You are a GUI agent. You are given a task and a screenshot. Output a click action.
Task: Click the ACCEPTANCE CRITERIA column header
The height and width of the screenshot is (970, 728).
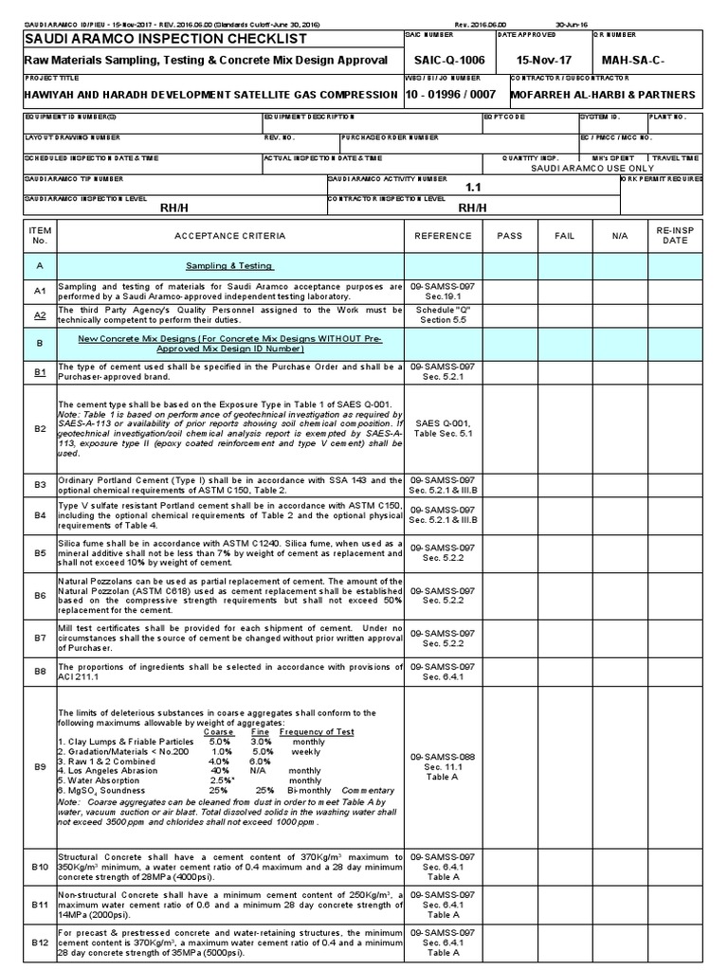(x=230, y=236)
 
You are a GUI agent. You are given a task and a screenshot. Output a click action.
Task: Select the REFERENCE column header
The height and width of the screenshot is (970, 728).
(x=444, y=236)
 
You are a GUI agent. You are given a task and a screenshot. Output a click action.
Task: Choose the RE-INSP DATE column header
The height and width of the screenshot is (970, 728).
(x=675, y=236)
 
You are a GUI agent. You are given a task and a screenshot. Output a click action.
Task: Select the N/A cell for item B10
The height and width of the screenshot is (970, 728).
(x=619, y=867)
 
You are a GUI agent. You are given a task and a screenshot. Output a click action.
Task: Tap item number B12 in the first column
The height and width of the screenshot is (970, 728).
(x=39, y=943)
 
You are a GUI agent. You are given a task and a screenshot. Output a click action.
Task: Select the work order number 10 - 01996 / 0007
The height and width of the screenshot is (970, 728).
(x=451, y=95)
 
